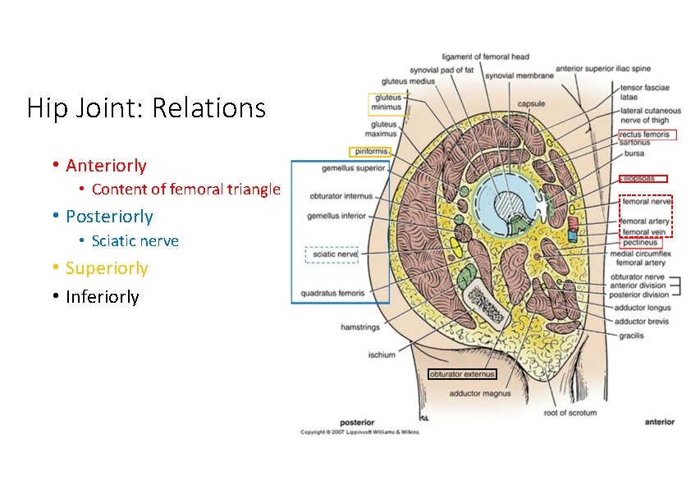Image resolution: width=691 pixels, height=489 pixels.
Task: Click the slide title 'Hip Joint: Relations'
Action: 146,108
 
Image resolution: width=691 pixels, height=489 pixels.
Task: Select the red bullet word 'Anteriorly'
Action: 106,166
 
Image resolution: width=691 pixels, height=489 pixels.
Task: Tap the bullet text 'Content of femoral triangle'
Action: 185,190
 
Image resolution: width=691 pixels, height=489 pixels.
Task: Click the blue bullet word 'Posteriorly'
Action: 109,217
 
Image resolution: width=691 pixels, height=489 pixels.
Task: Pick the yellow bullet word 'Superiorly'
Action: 107,268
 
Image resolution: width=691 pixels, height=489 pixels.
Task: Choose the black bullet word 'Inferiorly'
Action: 103,297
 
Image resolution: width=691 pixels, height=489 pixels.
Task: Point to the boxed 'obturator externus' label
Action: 462,374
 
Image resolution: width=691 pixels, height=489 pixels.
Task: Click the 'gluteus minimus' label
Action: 387,102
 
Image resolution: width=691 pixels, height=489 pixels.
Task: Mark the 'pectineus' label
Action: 640,243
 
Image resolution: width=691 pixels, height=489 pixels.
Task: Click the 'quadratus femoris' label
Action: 332,293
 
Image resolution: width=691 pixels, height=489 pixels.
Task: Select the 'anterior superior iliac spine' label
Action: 602,69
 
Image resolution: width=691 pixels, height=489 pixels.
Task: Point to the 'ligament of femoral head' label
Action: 485,57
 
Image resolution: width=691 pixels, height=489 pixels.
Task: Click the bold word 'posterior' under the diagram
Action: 357,422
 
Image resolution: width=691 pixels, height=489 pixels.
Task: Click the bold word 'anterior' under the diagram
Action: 659,422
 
